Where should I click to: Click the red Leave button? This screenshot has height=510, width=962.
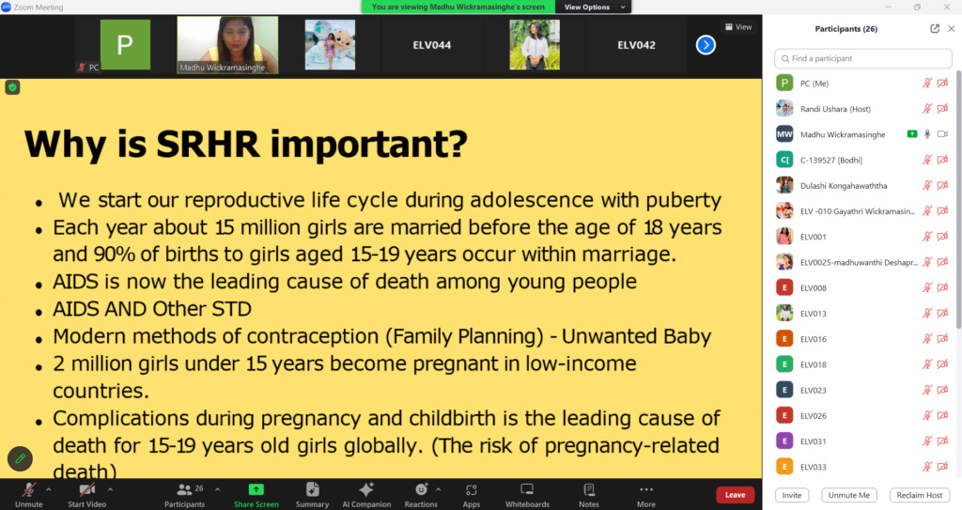point(735,495)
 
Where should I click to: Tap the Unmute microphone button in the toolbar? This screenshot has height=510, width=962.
point(29,495)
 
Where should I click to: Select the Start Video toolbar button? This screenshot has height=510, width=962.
point(87,495)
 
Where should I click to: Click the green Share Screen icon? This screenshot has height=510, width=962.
point(256,489)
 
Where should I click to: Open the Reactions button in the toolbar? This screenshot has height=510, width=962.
point(421,495)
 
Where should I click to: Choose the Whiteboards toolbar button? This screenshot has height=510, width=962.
point(527,495)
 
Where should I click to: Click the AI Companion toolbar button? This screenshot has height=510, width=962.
point(366,495)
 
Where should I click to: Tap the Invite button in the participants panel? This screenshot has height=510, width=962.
point(791,495)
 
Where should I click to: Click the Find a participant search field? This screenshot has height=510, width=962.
point(863,58)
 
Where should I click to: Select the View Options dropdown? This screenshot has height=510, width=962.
point(593,7)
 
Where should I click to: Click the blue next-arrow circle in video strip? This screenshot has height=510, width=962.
point(706,45)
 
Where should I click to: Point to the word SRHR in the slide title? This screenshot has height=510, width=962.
point(208,145)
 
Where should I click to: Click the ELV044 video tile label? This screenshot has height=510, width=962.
point(432,45)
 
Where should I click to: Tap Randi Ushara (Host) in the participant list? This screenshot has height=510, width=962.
point(835,109)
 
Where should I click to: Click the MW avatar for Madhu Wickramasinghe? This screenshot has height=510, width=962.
point(784,134)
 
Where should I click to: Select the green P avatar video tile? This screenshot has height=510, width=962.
point(125,45)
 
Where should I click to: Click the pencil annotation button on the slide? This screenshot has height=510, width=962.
point(21,458)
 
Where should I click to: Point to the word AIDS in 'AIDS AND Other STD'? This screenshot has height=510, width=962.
point(75,309)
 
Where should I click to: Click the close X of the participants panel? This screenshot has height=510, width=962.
point(951,29)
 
